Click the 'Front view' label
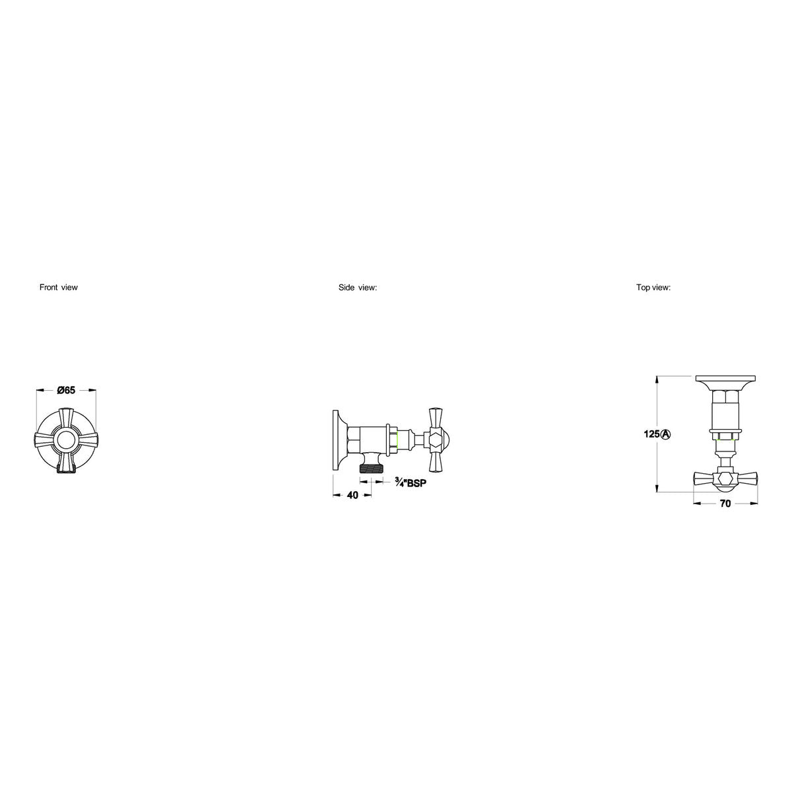58,287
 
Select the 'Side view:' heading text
358,287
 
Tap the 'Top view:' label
653,287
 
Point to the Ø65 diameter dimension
66,390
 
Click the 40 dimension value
352,495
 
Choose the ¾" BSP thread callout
411,482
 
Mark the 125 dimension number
652,434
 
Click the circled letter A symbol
666,434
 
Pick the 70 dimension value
725,504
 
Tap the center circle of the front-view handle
66,440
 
